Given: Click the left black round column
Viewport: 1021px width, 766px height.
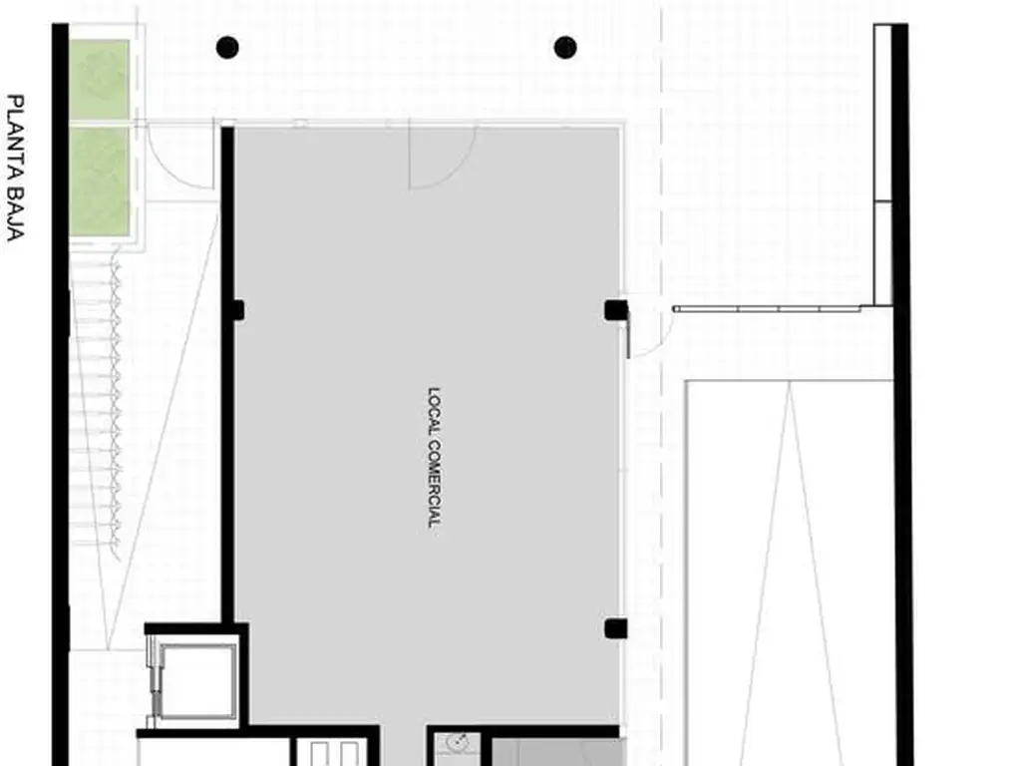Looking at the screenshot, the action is point(227,48).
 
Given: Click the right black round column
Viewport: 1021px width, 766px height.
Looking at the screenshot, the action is point(565,48).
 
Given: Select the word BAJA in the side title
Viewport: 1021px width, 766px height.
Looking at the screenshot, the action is point(15,214).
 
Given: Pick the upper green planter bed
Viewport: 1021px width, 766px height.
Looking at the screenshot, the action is point(100,79).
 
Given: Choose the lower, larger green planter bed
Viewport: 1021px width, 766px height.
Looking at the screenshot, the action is point(100,182).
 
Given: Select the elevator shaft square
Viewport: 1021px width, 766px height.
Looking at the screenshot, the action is point(197,680).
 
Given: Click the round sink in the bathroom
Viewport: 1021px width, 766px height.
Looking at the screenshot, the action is point(459,742).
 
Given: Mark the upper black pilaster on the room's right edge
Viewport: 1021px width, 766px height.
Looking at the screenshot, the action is point(615,310).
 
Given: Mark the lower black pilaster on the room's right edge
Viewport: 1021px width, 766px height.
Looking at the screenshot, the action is point(615,628).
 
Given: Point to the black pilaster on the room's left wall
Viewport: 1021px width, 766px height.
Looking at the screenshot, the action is point(237,310).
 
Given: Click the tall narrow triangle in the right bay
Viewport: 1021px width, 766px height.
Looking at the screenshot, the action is point(790,574).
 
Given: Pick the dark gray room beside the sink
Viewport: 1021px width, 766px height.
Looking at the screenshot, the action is point(554,752).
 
